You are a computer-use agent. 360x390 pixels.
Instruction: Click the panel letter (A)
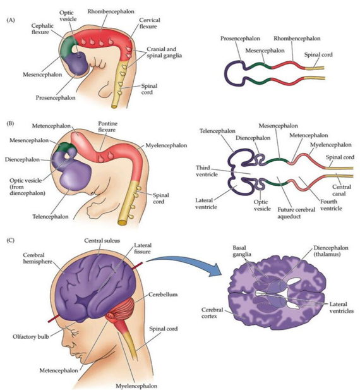(11, 20)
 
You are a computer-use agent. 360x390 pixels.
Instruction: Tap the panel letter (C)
(11, 240)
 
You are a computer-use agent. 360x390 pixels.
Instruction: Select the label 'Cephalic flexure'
(42, 29)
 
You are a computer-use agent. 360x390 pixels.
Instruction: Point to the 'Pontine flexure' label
(107, 126)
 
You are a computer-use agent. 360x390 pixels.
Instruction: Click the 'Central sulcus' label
(102, 241)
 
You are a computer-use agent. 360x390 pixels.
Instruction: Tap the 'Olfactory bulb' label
(31, 337)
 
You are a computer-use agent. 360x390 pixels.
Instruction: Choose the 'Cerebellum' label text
(163, 295)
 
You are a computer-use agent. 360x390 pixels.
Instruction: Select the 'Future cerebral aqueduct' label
(296, 213)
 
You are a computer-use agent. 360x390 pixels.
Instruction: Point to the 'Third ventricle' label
(207, 171)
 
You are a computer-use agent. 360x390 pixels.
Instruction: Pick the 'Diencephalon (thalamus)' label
(331, 251)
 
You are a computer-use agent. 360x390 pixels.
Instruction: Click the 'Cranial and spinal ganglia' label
(164, 52)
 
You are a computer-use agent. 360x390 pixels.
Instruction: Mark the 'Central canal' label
(342, 190)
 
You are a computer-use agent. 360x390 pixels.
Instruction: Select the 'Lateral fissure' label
(142, 248)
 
